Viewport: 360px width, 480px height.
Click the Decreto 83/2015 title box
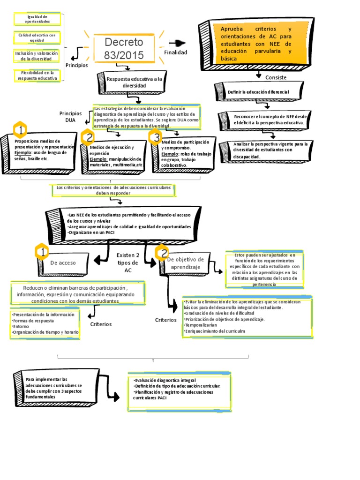point(124,49)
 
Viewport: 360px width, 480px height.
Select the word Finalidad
point(175,52)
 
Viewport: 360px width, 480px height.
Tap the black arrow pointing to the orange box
point(177,43)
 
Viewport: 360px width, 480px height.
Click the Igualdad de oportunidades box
point(37,19)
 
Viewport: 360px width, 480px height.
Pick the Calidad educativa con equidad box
point(37,37)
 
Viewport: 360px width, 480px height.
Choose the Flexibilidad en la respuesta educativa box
point(37,75)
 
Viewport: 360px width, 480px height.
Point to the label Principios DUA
point(70,117)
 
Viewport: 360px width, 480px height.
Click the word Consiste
point(276,77)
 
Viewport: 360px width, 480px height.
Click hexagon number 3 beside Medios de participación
point(155,137)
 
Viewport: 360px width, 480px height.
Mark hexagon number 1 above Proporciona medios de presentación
point(20,129)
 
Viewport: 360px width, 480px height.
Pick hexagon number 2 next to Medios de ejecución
point(88,137)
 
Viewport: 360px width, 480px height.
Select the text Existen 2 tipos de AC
point(128,262)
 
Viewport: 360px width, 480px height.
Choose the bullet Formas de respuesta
point(34,321)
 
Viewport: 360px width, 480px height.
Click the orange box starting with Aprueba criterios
point(256,44)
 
